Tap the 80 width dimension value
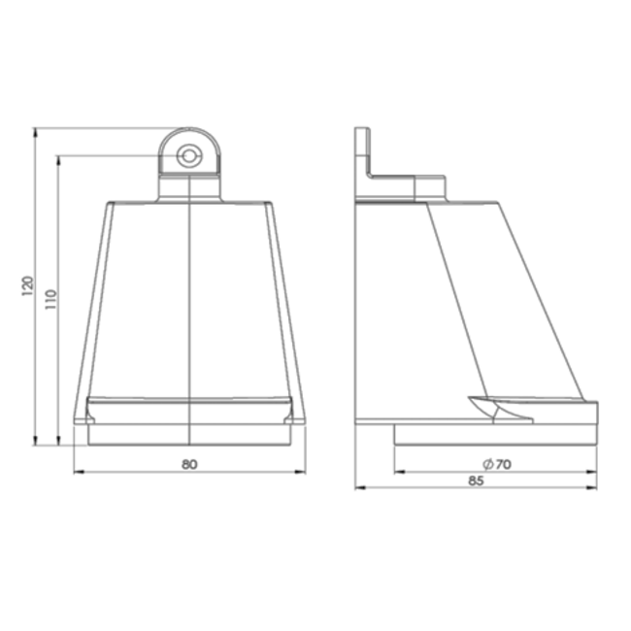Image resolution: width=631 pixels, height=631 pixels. click(x=189, y=464)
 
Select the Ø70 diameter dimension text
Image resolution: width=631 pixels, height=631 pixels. click(x=496, y=464)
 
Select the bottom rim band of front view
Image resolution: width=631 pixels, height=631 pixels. click(x=189, y=408)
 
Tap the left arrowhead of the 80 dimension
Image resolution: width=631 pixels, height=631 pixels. click(x=79, y=473)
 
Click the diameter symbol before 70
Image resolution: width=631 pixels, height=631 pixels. click(x=484, y=464)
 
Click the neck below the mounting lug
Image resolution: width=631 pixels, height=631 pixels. click(x=189, y=188)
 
